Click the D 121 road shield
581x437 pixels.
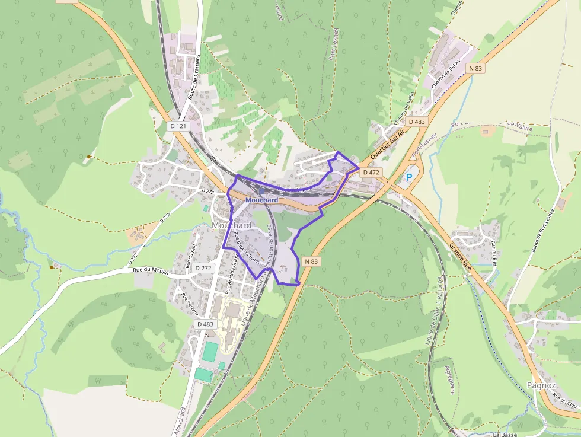[178, 126]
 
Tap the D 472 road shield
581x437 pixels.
[371, 172]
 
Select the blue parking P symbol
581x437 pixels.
[408, 177]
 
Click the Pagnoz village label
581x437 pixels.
[541, 385]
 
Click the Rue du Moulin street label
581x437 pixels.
[151, 271]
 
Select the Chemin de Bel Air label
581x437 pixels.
[446, 77]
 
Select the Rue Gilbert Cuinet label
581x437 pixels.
[248, 252]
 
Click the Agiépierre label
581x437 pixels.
[449, 379]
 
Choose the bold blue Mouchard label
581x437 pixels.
[261, 200]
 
